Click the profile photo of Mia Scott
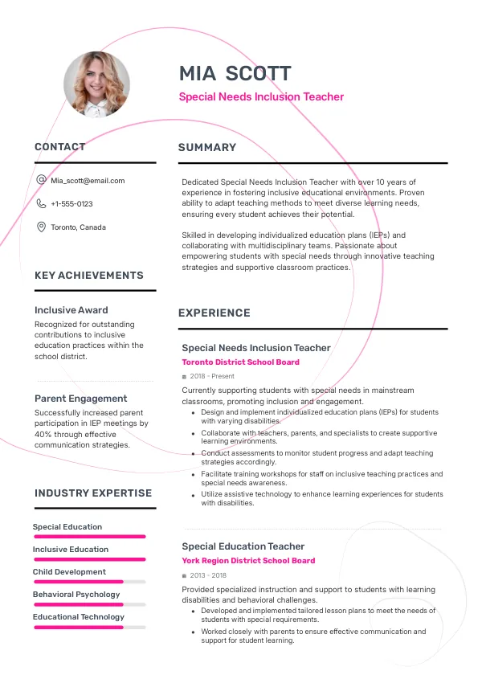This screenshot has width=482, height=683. pyautogui.click(x=96, y=84)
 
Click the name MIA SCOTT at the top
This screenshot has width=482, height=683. pyautogui.click(x=235, y=74)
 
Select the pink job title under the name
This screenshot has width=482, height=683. pyautogui.click(x=261, y=97)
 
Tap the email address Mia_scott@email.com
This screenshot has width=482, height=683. pyautogui.click(x=88, y=181)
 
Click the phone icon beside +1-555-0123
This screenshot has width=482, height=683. pyautogui.click(x=41, y=204)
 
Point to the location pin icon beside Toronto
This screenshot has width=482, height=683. pyautogui.click(x=41, y=227)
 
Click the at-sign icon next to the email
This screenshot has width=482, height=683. pyautogui.click(x=41, y=181)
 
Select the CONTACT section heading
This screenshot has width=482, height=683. pyautogui.click(x=60, y=147)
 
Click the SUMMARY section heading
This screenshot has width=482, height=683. pyautogui.click(x=207, y=148)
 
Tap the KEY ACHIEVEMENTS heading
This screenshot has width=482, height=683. pyautogui.click(x=89, y=276)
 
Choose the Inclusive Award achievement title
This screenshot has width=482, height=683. pyautogui.click(x=71, y=310)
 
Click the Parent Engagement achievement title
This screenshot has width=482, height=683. pyautogui.click(x=81, y=399)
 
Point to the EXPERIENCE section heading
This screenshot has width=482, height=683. pyautogui.click(x=214, y=313)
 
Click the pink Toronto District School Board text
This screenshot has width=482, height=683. pyautogui.click(x=240, y=362)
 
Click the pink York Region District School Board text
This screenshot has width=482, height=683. pyautogui.click(x=248, y=561)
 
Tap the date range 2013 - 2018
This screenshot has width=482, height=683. pyautogui.click(x=208, y=575)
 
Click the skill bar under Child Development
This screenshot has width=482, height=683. pyautogui.click(x=89, y=582)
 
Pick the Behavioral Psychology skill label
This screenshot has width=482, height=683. pyautogui.click(x=76, y=595)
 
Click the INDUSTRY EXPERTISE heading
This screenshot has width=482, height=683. pyautogui.click(x=93, y=493)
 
